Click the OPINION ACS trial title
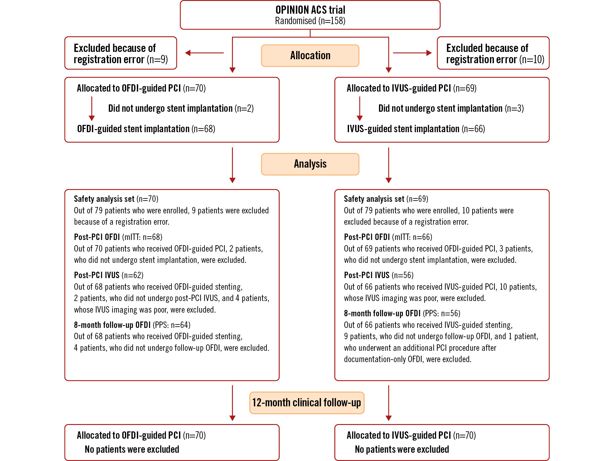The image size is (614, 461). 310,10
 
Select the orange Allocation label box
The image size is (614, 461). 310,56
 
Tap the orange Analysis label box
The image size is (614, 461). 310,164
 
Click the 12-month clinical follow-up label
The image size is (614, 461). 307,403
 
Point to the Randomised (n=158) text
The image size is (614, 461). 310,21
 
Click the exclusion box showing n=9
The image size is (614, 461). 121,53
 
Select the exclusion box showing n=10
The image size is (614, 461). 493,53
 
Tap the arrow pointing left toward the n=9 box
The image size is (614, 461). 204,53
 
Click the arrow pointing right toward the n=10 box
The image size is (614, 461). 412,53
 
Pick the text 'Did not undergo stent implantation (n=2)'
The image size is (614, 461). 181,108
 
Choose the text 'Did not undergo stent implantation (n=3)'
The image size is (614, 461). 451,108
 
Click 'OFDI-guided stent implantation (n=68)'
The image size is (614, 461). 146,129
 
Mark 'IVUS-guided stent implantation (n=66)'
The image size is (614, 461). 416,129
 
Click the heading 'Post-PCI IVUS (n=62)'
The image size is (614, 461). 108,275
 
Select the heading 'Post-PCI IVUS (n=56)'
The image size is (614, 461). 378,275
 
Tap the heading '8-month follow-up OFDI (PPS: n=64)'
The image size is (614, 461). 132,325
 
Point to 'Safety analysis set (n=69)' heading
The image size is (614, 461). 386,199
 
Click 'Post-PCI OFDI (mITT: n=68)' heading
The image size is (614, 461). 118,237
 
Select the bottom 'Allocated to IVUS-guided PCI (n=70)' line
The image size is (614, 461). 411,435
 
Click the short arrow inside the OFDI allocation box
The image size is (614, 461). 92,109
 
